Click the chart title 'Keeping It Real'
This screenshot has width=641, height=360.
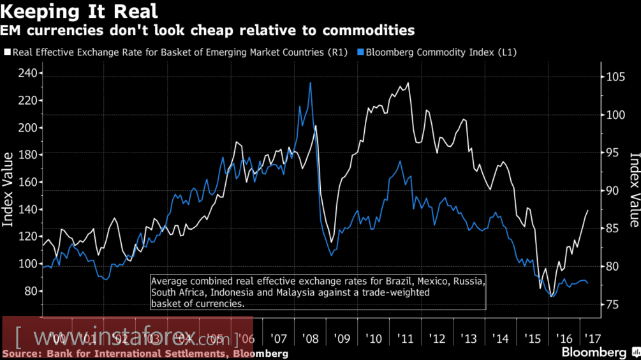tap(80, 11)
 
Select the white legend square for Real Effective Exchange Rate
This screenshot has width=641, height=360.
tap(6, 52)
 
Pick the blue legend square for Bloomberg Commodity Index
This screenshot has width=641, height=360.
tap(360, 52)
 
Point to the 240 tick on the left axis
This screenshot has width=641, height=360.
tap(27, 73)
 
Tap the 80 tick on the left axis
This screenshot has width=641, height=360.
tap(30, 291)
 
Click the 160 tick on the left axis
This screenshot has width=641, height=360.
tap(27, 183)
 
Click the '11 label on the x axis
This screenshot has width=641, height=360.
tap(407, 338)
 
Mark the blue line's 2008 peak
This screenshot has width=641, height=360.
tap(310, 82)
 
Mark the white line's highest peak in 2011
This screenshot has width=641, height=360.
tap(408, 82)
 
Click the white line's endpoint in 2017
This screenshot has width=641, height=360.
tap(587, 210)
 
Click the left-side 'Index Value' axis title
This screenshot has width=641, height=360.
tap(9, 190)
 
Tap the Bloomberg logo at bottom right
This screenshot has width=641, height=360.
tap(594, 352)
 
